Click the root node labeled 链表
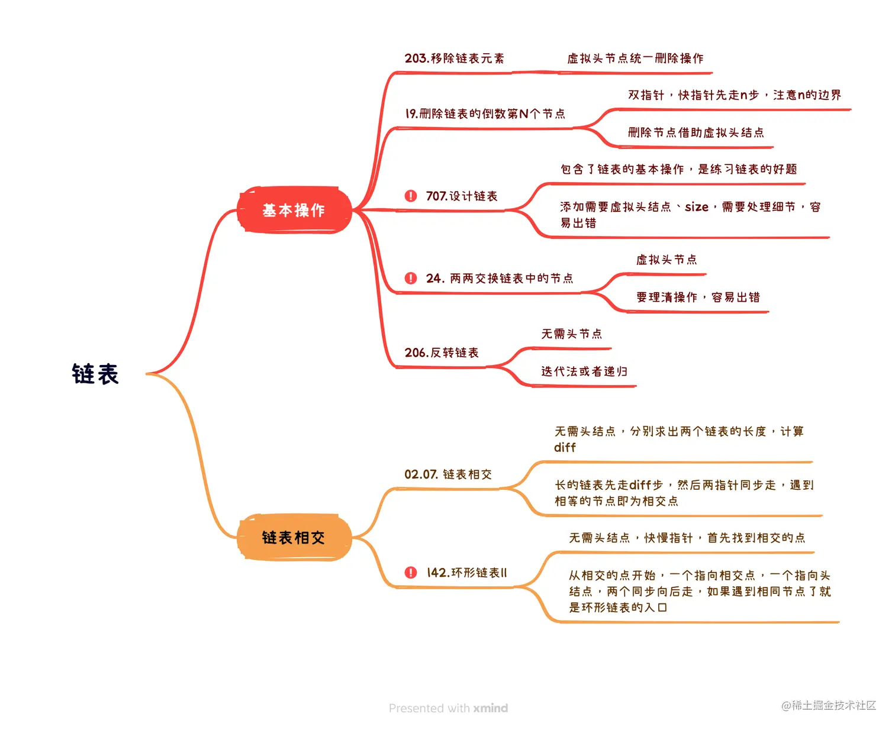coord(95,374)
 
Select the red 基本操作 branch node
coord(294,210)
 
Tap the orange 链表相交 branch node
coord(294,537)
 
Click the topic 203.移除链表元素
coord(454,59)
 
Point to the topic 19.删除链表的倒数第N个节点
coord(485,114)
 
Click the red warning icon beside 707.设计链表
coord(411,196)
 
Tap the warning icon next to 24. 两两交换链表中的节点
coord(411,278)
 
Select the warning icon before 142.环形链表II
coord(411,573)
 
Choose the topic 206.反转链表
coord(442,353)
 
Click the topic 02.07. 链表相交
coord(448,474)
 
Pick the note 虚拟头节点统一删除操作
coord(635,59)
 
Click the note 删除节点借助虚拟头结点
coord(696,133)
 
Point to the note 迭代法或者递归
coord(584,372)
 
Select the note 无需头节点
coord(571,334)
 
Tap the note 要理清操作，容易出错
coord(698,297)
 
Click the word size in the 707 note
coord(697,207)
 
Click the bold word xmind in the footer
coord(490,708)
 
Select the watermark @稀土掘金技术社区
coord(828,705)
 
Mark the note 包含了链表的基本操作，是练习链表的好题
coord(678,170)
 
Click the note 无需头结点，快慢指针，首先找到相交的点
coord(687,538)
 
